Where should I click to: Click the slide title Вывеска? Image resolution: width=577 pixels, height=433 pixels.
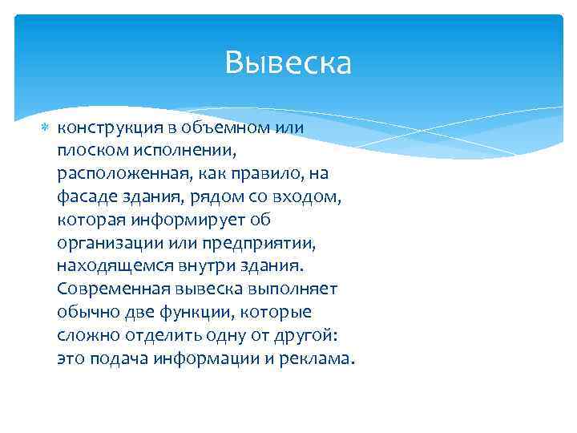[x=288, y=63]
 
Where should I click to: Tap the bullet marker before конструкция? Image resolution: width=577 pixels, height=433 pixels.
[x=44, y=128]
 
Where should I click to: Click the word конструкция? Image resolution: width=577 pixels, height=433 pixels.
[x=105, y=128]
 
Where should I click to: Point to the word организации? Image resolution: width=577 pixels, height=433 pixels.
[x=107, y=243]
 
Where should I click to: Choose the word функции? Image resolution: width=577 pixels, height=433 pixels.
[x=180, y=312]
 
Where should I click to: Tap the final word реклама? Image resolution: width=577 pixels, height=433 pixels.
[x=314, y=358]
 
